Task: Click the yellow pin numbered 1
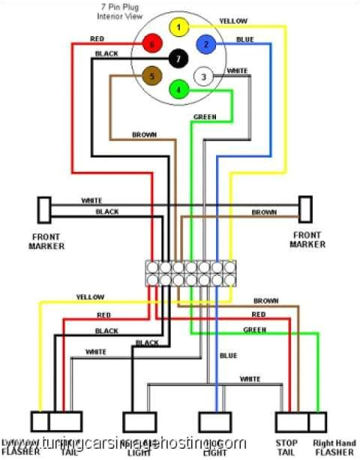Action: [x=178, y=28]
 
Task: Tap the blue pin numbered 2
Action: [x=204, y=44]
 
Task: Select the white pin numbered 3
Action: [x=202, y=76]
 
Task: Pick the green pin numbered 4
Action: [x=178, y=90]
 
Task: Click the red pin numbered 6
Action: [x=152, y=44]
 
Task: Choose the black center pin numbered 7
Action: [x=178, y=59]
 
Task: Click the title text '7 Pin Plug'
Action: [x=122, y=6]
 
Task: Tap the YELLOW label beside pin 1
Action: [x=234, y=21]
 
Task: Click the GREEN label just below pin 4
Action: [x=205, y=118]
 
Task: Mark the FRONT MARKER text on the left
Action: [x=46, y=241]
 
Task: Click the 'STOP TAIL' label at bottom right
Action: [x=286, y=448]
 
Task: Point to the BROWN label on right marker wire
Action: [x=263, y=213]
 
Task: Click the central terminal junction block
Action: [x=190, y=273]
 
